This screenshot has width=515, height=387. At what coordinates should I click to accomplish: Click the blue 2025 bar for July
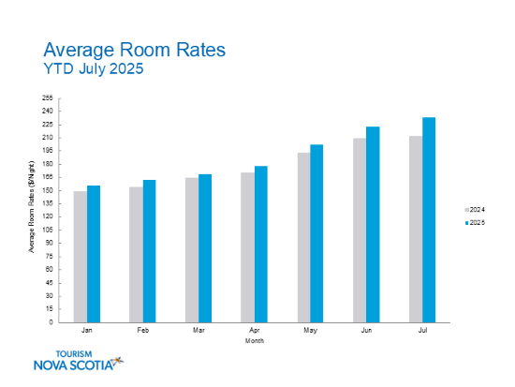click(429, 219)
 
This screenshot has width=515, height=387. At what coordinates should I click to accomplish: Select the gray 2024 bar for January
click(81, 257)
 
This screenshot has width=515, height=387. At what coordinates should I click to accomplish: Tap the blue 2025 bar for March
click(205, 248)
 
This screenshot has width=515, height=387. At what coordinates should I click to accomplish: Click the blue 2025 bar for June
click(373, 225)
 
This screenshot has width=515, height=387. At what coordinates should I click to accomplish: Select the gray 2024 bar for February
click(136, 255)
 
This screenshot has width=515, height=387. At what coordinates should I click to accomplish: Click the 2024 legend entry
click(475, 209)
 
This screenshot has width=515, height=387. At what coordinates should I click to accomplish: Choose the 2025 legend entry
click(475, 223)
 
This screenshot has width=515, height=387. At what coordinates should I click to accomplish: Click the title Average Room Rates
click(135, 49)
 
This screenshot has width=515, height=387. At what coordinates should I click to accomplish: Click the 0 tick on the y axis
click(52, 322)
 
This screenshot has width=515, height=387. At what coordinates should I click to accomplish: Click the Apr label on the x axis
click(255, 332)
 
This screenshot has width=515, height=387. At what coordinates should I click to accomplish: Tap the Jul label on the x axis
click(422, 332)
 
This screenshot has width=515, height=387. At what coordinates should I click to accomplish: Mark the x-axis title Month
click(255, 341)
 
